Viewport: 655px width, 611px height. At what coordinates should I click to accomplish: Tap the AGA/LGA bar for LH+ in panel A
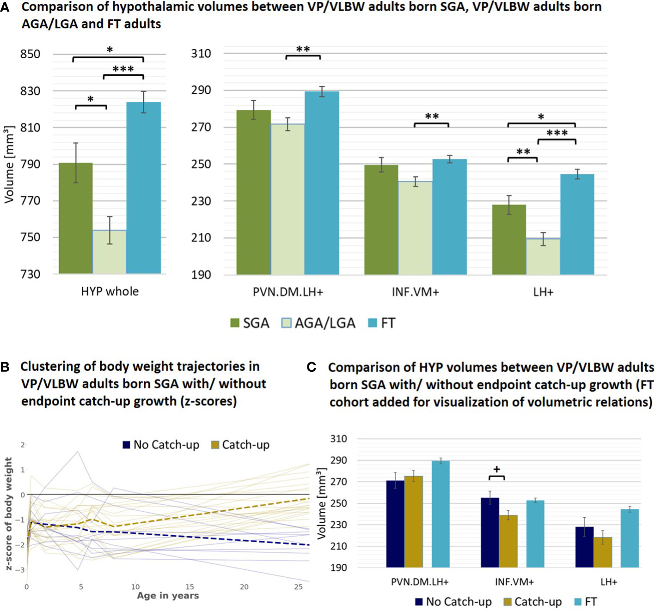(x=543, y=256)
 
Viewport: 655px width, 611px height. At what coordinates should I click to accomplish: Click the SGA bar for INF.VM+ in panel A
(x=381, y=220)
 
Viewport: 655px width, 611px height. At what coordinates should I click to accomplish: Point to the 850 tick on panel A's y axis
(x=30, y=54)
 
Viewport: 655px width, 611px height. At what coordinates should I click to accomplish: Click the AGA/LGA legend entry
(x=318, y=323)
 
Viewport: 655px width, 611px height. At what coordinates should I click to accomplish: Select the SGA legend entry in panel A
(x=250, y=323)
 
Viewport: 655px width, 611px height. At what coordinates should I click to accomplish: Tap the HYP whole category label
(x=110, y=291)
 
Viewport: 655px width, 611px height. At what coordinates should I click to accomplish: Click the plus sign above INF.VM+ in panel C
(x=497, y=469)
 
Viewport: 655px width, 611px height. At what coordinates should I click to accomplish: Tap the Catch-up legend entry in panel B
(x=240, y=445)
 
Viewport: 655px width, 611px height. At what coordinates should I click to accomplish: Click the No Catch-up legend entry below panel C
(x=453, y=602)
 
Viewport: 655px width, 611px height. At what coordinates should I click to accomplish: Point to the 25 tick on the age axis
(x=299, y=587)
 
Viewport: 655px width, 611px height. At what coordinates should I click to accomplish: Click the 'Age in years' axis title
(x=168, y=596)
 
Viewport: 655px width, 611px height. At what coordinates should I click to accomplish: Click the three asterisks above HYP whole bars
(x=123, y=69)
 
